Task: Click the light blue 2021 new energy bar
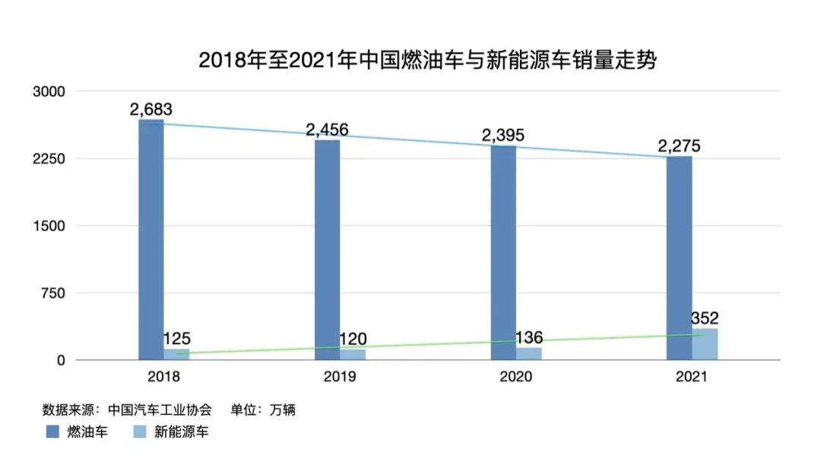point(705,344)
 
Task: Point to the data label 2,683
point(151,110)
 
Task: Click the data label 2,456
point(327,129)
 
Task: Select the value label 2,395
point(502,135)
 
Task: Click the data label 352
point(705,318)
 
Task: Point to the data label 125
point(176,339)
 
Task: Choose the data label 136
point(529,337)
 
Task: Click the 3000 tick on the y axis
point(50,91)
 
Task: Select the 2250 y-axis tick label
point(50,159)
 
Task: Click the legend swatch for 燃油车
point(53,432)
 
